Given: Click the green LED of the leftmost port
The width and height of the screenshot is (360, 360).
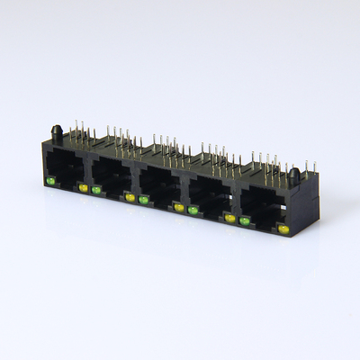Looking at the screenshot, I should [50, 182].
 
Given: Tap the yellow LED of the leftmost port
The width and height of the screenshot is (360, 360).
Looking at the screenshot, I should [84, 188].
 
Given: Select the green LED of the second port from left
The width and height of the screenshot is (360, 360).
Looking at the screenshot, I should [95, 190].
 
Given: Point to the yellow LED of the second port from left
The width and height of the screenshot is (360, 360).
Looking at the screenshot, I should [130, 197].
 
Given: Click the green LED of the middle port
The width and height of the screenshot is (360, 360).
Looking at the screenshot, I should [143, 200].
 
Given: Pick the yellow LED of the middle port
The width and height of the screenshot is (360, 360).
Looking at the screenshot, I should [179, 207].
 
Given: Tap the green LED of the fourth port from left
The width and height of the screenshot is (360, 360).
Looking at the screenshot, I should [193, 210].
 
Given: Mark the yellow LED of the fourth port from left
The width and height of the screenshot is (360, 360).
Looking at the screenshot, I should [230, 218].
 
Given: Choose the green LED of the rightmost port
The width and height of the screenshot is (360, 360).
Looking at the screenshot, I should [244, 220].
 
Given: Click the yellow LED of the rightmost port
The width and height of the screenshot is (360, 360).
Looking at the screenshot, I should [283, 229].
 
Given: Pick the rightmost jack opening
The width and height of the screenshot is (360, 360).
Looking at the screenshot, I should [264, 206].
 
